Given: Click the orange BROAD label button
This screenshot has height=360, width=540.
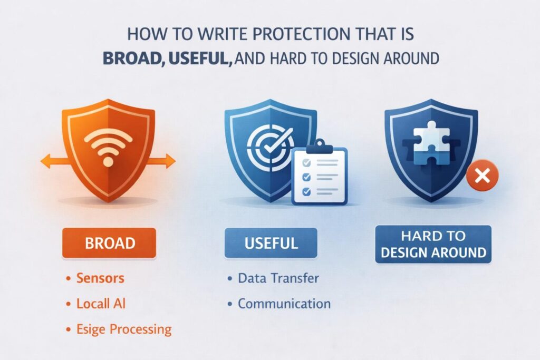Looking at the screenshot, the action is tap(109, 242).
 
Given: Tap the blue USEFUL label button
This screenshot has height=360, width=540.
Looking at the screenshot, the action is tap(271, 242).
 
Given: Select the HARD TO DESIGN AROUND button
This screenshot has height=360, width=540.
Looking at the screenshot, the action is tap(433, 245).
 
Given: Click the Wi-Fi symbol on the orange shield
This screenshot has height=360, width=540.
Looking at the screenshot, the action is tap(108, 147).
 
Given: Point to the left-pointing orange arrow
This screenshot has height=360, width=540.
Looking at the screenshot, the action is tap(55, 161).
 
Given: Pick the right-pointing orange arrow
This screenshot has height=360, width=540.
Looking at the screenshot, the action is tap(161, 161).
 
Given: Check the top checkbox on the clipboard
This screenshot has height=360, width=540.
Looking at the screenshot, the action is tap(306, 163).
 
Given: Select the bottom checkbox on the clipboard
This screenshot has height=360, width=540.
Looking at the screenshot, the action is tap(306, 191).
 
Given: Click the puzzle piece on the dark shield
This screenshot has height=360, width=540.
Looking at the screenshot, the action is tap(431, 143).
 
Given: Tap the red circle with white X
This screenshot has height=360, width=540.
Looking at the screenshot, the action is tap(482, 176).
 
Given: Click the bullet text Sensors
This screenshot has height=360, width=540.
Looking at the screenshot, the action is tap(100, 278).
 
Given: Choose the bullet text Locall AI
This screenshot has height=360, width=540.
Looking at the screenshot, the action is tap(101, 304).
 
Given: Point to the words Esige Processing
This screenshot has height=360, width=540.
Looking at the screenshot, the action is tap(124, 329).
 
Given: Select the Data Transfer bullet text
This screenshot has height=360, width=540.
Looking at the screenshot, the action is tap(278, 278).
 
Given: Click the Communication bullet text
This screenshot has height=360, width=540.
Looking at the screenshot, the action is tap(284, 304).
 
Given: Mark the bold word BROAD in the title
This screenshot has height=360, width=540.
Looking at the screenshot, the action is tap(132, 59).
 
